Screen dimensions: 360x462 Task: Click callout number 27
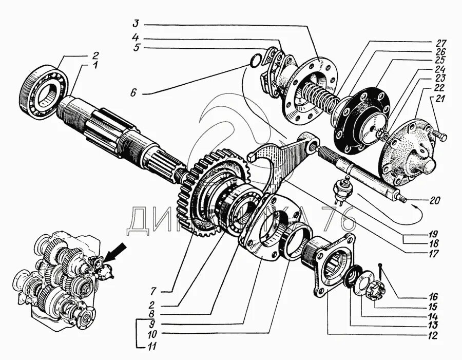point(441,42)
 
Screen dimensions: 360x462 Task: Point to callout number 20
point(434,201)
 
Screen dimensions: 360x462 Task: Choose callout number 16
point(434,296)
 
